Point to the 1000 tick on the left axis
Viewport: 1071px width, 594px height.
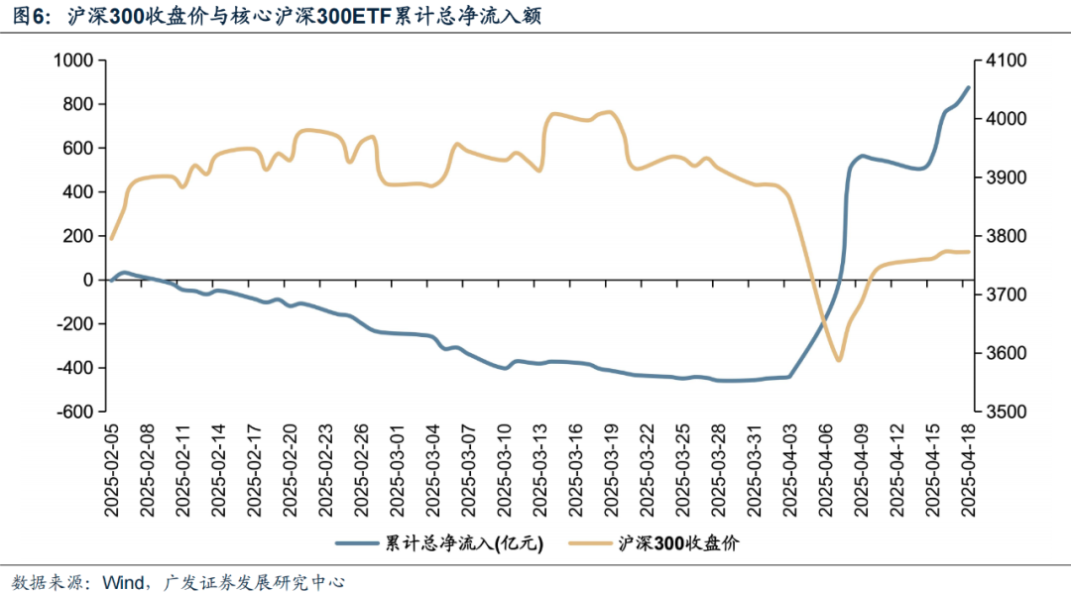72,60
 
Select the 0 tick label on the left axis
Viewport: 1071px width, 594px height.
86,280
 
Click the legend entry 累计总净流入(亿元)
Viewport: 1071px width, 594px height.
438,542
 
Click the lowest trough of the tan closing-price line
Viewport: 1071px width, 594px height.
839,360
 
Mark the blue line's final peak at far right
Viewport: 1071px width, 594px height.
969,87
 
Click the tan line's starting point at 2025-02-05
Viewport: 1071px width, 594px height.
111,239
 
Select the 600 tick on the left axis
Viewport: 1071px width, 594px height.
78,148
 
